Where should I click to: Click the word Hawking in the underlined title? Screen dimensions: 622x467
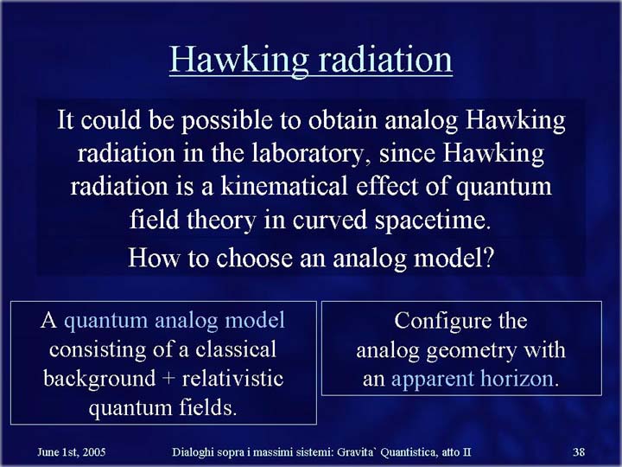click(x=238, y=60)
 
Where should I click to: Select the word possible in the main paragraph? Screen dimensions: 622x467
click(x=227, y=121)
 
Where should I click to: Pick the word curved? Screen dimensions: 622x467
click(x=330, y=221)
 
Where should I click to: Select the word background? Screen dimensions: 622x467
click(x=99, y=379)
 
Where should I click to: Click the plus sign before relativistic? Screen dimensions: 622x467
click(x=168, y=380)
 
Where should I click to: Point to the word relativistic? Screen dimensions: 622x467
click(x=233, y=378)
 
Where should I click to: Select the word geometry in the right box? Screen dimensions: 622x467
click(x=472, y=351)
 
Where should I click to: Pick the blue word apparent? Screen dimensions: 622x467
click(x=433, y=380)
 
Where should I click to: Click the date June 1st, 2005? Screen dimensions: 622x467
click(x=72, y=452)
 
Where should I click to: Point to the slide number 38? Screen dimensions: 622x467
click(x=579, y=452)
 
